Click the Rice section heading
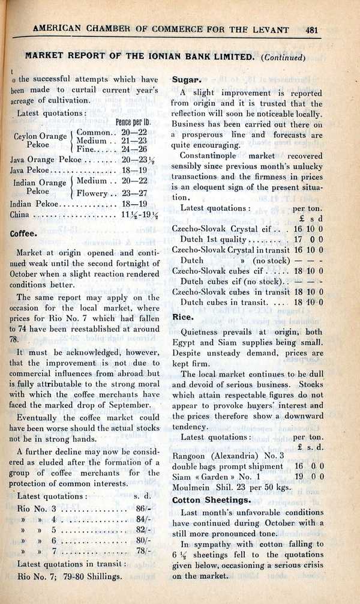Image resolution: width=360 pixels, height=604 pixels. click(x=182, y=316)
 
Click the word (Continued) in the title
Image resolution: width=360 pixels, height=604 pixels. click(x=284, y=58)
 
